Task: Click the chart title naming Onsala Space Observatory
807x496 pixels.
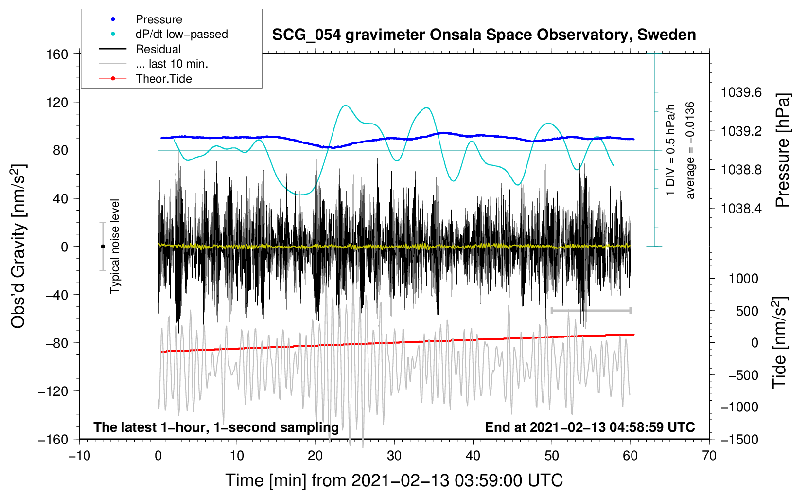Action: click(484, 35)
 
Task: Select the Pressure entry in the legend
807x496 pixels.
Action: click(141, 19)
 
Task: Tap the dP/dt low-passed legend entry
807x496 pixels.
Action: click(163, 34)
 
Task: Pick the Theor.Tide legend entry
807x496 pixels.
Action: click(145, 79)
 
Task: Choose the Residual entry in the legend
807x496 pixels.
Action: click(140, 49)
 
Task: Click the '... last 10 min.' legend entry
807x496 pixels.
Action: click(154, 64)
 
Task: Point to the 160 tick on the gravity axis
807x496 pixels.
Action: click(57, 54)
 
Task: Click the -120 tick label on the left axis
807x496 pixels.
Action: click(53, 391)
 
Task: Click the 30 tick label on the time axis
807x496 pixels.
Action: click(394, 456)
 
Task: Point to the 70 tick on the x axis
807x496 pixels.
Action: click(709, 456)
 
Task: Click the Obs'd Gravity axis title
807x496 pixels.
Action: click(18, 247)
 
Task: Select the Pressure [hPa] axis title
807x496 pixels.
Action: click(783, 150)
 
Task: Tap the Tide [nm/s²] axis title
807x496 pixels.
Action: click(780, 342)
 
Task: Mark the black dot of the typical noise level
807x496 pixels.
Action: click(103, 247)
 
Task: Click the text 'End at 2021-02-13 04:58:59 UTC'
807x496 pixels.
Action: click(590, 427)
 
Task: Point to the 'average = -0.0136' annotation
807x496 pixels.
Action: click(690, 150)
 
